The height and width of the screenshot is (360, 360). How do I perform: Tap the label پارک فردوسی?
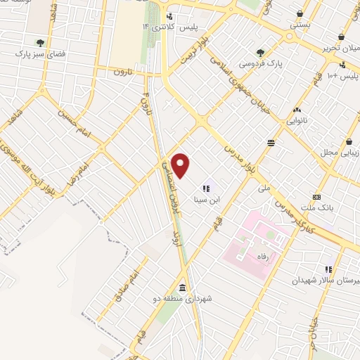pos(260,63)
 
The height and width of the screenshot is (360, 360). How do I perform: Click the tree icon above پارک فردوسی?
pos(261,52)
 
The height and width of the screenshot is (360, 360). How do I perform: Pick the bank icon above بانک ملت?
pos(316,198)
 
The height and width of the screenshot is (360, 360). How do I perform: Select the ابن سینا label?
pos(207,200)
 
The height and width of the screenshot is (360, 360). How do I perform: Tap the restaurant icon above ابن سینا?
pos(207,188)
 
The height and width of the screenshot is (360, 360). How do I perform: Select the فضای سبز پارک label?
pos(40,53)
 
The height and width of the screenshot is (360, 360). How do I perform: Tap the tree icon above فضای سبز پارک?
pos(40,42)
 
